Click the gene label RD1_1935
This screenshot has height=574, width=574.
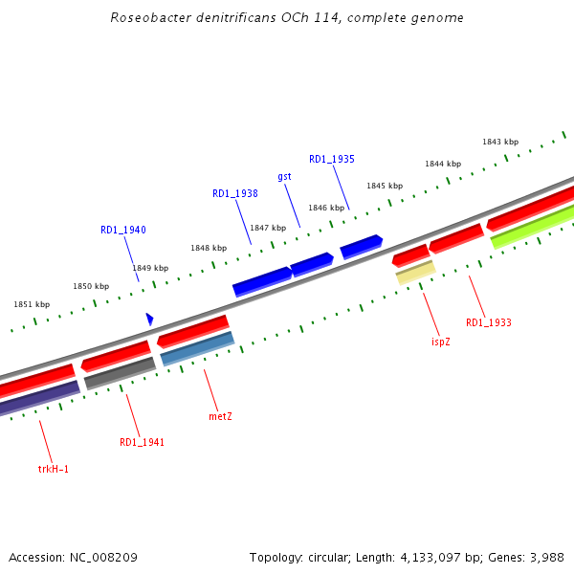331,159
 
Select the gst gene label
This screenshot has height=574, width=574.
284,177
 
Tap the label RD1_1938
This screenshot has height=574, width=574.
234,193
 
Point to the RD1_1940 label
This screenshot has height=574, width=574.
122,230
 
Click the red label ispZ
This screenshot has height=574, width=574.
440,342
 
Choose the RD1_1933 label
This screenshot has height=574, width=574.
488,323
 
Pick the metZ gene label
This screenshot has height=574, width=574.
220,416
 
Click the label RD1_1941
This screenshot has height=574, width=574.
142,442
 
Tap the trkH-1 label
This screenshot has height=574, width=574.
54,469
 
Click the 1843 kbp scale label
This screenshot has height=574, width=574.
499,142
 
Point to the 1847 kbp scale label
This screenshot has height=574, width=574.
268,228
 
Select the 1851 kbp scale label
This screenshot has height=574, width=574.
32,304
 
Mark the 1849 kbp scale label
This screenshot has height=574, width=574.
150,268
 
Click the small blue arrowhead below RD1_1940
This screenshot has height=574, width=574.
149,318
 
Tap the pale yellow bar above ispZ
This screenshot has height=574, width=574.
416,273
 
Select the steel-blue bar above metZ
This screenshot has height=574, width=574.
197,349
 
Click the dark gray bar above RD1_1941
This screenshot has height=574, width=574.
120,373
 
